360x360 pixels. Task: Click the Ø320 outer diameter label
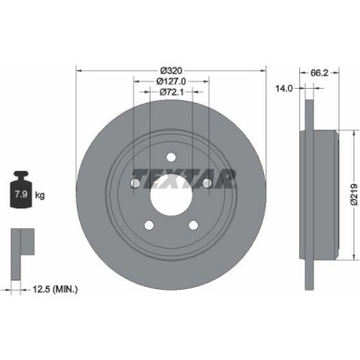coord(170,70)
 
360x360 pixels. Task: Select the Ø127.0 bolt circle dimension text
coord(170,81)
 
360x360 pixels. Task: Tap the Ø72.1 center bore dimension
coord(170,94)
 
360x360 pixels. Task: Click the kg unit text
coord(40,196)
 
